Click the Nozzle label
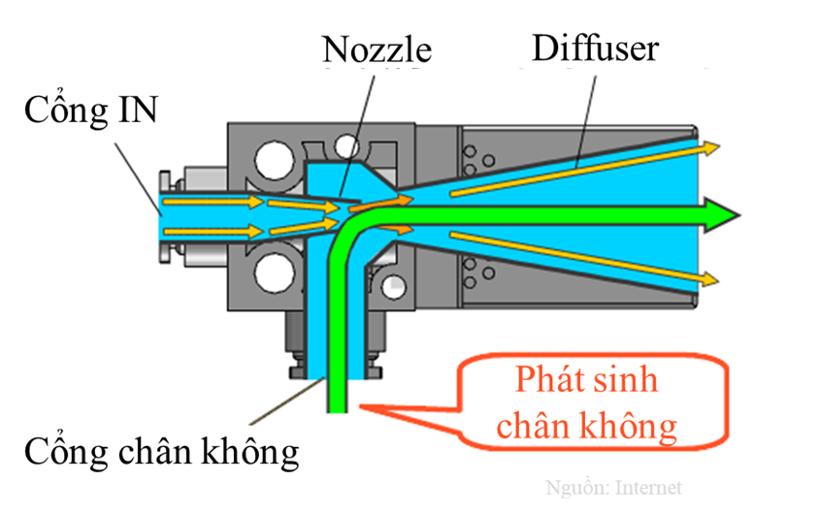[378, 48]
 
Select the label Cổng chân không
[161, 451]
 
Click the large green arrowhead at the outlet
[723, 210]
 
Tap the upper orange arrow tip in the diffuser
[713, 146]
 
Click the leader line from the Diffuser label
[581, 116]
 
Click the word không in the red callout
[631, 425]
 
